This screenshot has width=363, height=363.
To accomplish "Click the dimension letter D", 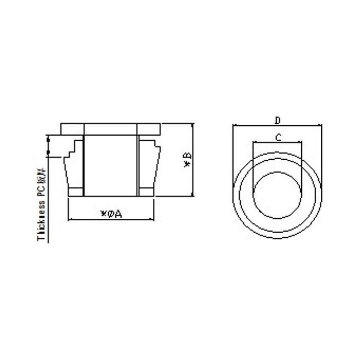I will [x=278, y=120].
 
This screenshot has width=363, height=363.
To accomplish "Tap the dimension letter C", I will [x=278, y=137].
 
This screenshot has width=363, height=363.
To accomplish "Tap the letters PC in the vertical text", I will [x=42, y=188].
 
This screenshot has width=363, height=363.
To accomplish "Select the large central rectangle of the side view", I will [x=111, y=165].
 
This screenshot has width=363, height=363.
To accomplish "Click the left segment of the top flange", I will [x=72, y=128].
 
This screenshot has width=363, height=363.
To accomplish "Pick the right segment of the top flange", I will [x=149, y=128].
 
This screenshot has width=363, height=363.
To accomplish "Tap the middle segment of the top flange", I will [x=111, y=128].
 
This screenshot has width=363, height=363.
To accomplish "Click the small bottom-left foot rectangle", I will [x=76, y=191].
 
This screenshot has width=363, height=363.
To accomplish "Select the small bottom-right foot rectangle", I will [x=146, y=191].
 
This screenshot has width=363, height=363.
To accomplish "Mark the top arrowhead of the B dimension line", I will [x=193, y=125].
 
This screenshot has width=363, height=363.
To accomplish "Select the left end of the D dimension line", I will [x=233, y=125].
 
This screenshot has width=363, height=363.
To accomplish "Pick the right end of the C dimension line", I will [x=301, y=142].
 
